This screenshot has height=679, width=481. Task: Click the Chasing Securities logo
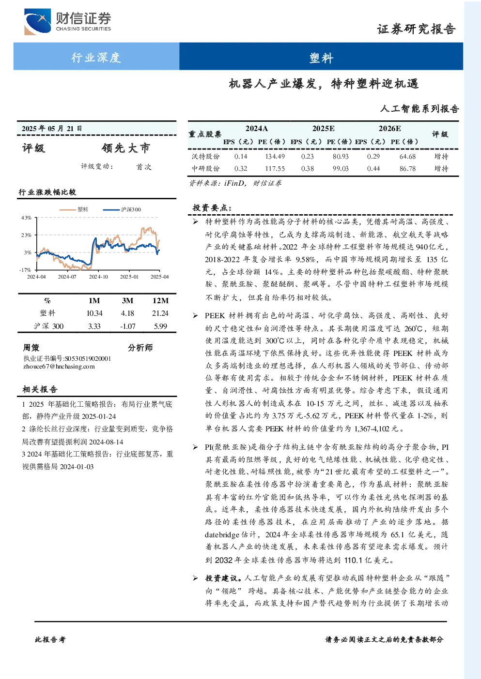tap(67, 21)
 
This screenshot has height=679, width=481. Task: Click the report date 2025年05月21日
tap(52, 129)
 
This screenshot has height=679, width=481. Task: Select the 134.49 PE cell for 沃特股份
tap(275, 156)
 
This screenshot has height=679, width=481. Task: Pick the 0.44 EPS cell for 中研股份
tap(373, 168)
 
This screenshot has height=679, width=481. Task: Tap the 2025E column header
tap(324, 129)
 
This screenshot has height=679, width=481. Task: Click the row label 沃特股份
tap(205, 156)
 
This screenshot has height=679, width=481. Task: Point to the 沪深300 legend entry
tap(122, 209)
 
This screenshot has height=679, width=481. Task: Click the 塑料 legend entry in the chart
tap(74, 209)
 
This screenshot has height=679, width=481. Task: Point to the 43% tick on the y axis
tap(27, 218)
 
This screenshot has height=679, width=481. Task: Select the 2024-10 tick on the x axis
tap(98, 277)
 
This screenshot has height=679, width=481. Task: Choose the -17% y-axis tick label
tap(26, 270)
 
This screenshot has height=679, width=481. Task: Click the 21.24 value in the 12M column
tap(160, 313)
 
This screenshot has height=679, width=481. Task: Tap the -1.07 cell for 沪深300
tap(127, 326)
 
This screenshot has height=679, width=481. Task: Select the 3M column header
tap(127, 301)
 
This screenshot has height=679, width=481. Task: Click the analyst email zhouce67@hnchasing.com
tap(59, 367)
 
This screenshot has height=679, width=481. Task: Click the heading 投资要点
tap(212, 207)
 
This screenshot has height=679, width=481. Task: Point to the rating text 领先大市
tap(126, 148)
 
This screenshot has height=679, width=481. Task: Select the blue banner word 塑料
tap(321, 58)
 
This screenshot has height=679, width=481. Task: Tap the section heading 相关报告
tap(40, 389)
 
